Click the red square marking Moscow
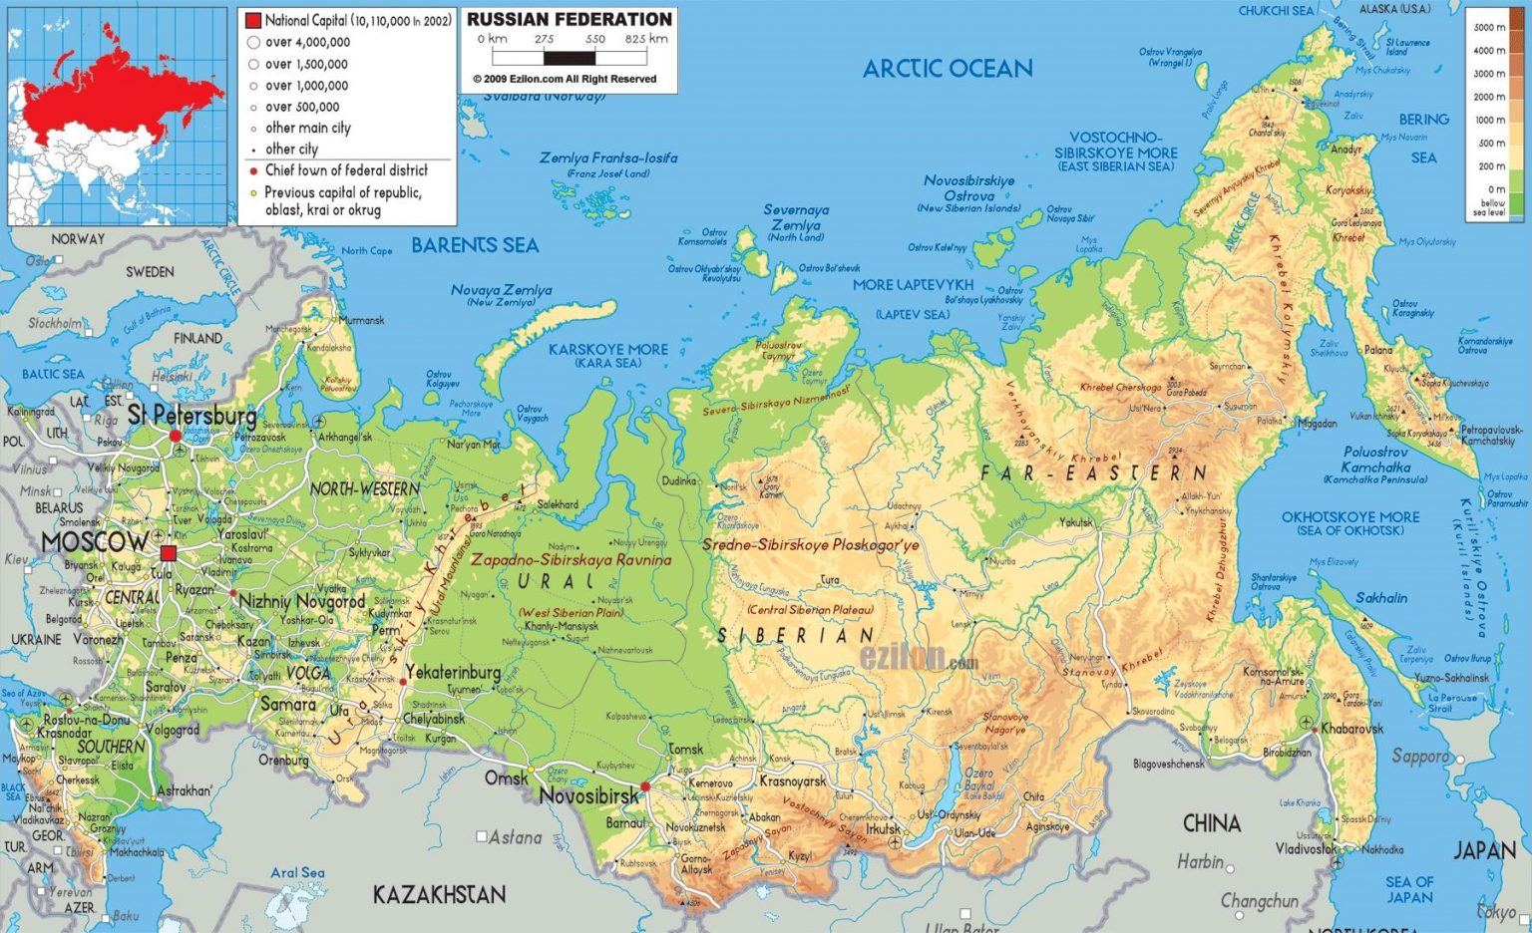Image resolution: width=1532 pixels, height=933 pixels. pos(169,553)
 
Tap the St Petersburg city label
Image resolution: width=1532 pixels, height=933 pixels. pos(191,415)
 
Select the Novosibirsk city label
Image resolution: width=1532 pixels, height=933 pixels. pos(588,795)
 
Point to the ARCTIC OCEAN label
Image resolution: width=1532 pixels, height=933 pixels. pos(947,69)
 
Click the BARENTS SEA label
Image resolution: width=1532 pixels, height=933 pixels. pos(475,245)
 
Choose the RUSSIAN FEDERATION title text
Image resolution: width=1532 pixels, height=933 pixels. pos(569,19)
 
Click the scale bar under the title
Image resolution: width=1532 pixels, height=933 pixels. pos(570,58)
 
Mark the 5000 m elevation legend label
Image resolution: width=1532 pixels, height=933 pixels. pos(1489,27)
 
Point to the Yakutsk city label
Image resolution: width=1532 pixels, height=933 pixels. pos(1076,522)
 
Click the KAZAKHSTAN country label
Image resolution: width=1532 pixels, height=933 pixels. pos(439,894)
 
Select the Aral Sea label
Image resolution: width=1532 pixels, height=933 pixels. pos(297,872)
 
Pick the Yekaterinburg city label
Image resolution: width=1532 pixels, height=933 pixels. pos(453,673)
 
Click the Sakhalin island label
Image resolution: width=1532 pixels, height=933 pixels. pos(1381,598)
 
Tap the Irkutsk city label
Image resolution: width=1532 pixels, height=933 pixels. pos(883,828)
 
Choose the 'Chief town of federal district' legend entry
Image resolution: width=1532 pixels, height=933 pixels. pos(345,170)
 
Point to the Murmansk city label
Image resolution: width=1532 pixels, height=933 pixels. pos(361,320)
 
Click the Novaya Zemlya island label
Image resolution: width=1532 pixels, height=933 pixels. pos(501,290)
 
